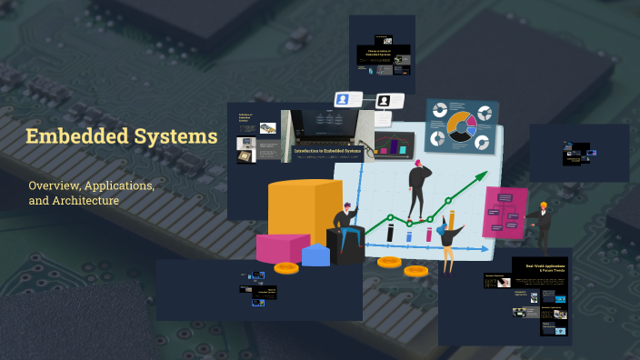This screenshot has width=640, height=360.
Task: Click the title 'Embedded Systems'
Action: [x=121, y=137]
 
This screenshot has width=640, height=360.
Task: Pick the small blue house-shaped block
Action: [x=315, y=255]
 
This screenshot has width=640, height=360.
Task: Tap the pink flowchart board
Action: [x=505, y=212]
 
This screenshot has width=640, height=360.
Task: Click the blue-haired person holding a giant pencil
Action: [x=448, y=238]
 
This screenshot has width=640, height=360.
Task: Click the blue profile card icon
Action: [x=346, y=99]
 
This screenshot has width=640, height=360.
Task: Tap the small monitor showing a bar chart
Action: [x=395, y=144]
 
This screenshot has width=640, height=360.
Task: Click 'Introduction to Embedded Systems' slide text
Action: [x=327, y=150]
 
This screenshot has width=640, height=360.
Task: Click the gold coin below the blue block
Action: [x=286, y=268]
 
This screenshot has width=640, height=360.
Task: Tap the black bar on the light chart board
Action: [x=391, y=233]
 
